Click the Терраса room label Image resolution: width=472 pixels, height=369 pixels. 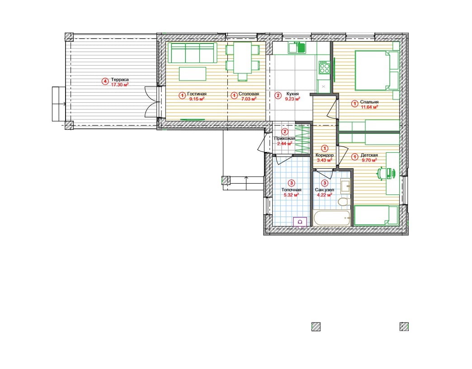point(120,80)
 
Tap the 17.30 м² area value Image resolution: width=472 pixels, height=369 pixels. point(120,85)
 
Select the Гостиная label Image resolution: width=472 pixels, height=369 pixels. point(197,94)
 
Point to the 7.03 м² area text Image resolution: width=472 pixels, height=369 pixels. point(249,99)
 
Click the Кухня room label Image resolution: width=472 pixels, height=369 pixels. point(293,94)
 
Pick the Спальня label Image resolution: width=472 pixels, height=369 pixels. point(369,102)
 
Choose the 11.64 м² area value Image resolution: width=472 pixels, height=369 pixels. point(369,107)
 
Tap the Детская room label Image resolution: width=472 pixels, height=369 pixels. point(369,155)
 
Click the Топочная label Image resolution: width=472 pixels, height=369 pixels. point(292,190)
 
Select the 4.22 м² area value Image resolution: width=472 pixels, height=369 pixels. point(325,195)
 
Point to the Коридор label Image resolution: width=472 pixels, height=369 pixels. point(325,155)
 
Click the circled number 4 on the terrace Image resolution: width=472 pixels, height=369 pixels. point(105,81)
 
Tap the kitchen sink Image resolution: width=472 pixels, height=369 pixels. point(297,47)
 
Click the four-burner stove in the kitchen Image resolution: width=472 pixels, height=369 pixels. point(325,67)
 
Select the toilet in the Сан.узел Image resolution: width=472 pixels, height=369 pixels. point(344,201)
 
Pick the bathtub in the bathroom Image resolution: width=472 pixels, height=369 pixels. point(332,218)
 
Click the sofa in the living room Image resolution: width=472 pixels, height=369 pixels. point(192,52)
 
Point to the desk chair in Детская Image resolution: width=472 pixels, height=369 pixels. point(382,173)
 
